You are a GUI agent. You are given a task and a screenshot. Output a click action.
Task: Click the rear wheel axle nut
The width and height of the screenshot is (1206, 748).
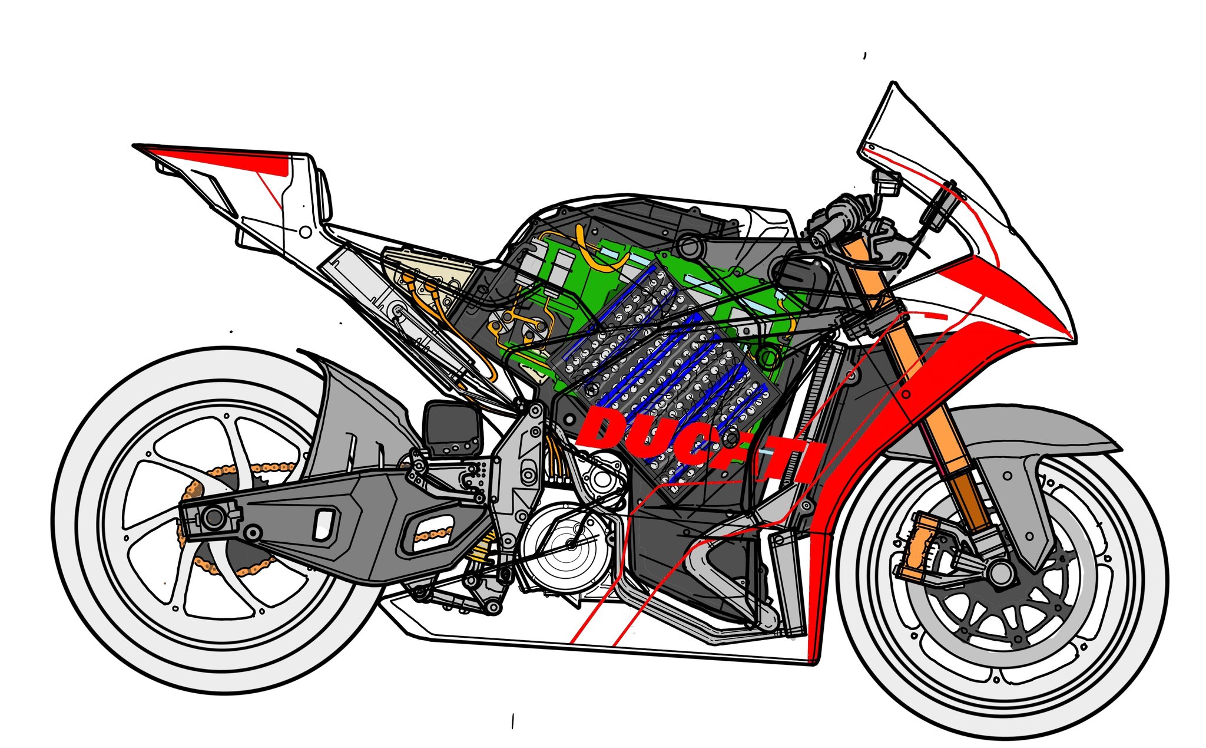(213, 518)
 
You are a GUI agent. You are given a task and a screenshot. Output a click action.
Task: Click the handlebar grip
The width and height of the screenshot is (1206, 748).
(836, 215)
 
